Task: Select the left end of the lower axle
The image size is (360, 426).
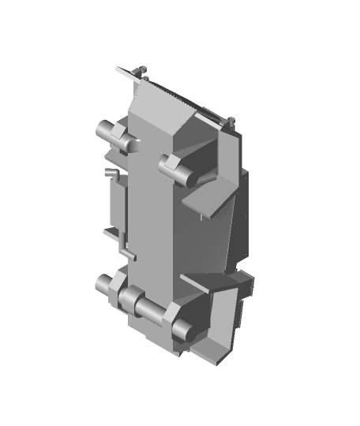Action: (103, 282)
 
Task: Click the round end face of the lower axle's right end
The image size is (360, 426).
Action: (180, 330)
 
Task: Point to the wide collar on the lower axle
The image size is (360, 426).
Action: (129, 299)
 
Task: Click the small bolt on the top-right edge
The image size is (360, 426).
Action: (232, 121)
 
